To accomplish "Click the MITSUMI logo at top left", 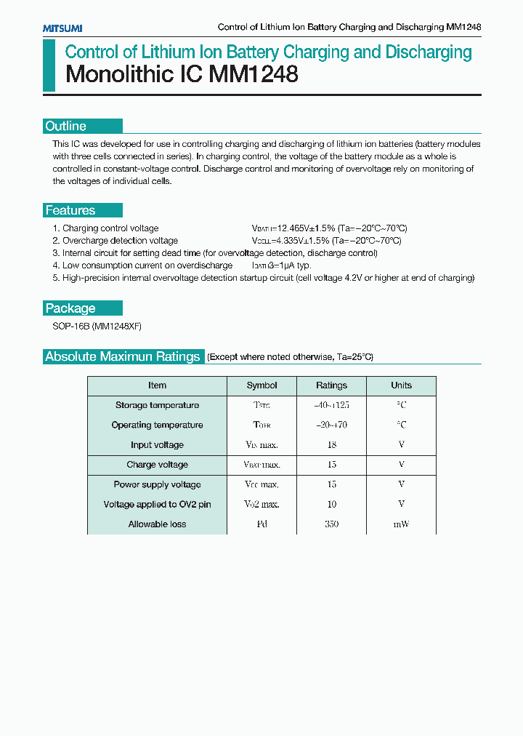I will (x=62, y=28).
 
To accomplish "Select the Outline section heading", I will (x=66, y=126).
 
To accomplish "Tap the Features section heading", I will (x=70, y=210).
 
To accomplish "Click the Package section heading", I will (x=70, y=308).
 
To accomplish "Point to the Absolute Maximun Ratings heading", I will (x=122, y=356).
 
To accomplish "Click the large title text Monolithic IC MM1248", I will (x=182, y=75).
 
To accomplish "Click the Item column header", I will (x=157, y=385).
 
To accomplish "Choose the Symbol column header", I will (x=261, y=385).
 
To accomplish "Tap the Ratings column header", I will (x=331, y=385).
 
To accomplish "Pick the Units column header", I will (x=401, y=385).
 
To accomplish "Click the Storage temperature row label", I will (x=157, y=405).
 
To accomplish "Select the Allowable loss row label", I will (x=157, y=524).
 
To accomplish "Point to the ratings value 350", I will (x=331, y=524).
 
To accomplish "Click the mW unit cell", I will (x=401, y=524).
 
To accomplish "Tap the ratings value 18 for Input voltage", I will (x=331, y=444).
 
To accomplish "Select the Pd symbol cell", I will (x=261, y=524).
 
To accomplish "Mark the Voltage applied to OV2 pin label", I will (x=157, y=504).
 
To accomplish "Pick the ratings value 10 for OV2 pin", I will (x=331, y=504).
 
